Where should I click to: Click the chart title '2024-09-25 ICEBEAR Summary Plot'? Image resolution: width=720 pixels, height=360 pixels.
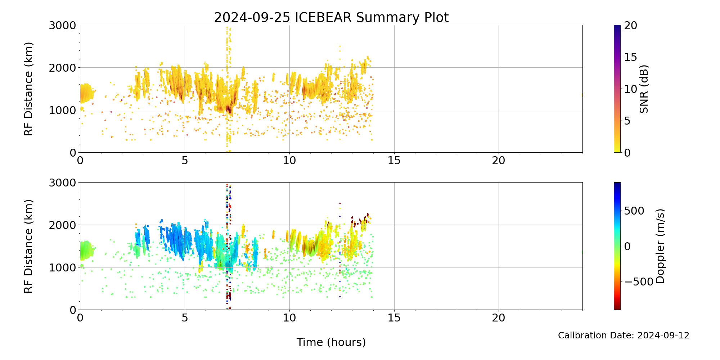pos(331,17)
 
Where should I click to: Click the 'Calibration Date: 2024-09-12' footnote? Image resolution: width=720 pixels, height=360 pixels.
pos(624,336)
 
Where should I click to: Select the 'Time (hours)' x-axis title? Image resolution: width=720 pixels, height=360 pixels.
pos(331,342)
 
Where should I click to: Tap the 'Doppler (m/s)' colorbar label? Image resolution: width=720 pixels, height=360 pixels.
pos(660,246)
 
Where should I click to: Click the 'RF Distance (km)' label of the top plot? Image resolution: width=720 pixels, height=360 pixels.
pos(28,89)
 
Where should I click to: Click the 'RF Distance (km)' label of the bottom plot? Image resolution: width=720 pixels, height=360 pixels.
pos(28,246)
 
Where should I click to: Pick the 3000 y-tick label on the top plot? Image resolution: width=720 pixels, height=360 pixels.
pos(63,25)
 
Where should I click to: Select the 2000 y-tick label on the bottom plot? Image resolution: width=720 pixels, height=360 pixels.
pos(63,225)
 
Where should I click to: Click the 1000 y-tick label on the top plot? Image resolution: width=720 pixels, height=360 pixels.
pos(63,110)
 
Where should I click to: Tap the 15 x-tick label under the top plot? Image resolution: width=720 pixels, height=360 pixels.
pos(394,160)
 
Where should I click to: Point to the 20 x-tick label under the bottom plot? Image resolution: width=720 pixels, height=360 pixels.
pos(499,318)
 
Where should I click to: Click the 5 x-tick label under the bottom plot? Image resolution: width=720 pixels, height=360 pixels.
pos(185,318)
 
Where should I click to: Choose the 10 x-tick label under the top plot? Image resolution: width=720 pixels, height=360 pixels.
pos(289,160)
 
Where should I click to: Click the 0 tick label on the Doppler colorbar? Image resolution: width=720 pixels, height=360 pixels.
pos(627,246)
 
